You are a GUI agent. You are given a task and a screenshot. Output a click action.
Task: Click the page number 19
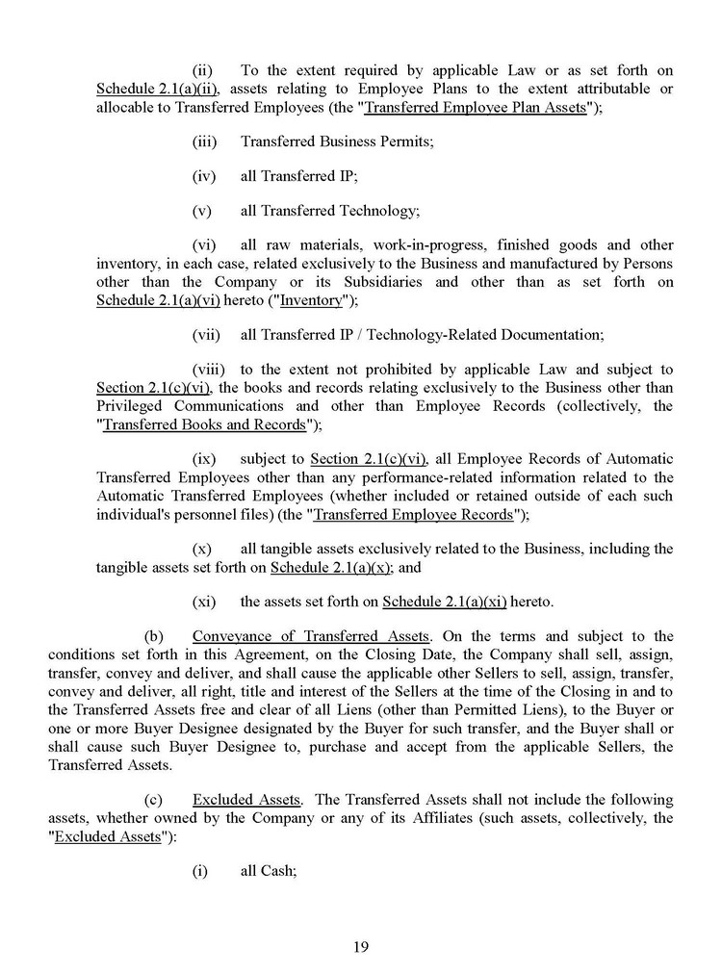point(361,946)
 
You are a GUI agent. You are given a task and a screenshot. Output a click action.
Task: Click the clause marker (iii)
point(205,141)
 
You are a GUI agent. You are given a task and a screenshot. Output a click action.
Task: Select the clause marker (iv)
point(204,176)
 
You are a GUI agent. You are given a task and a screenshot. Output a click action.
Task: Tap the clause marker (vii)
point(206,335)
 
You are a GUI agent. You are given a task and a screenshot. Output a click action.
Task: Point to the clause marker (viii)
point(208,370)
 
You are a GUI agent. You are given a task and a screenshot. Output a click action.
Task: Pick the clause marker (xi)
point(203,602)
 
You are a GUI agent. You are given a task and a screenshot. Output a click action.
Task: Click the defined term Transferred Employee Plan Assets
point(477,108)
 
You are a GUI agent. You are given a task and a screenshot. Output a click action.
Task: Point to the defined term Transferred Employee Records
point(413,514)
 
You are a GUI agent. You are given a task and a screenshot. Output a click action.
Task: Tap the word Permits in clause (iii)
point(403,141)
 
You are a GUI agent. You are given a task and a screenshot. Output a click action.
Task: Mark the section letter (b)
point(154,636)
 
